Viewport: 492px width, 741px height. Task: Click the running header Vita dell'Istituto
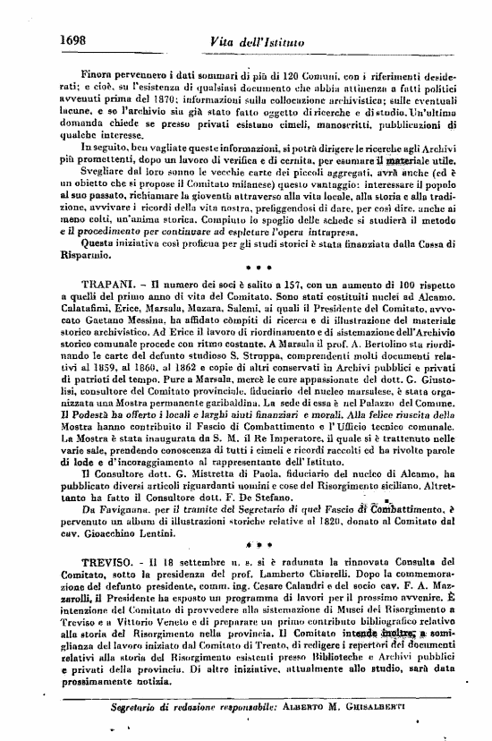pyautogui.click(x=254, y=40)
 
